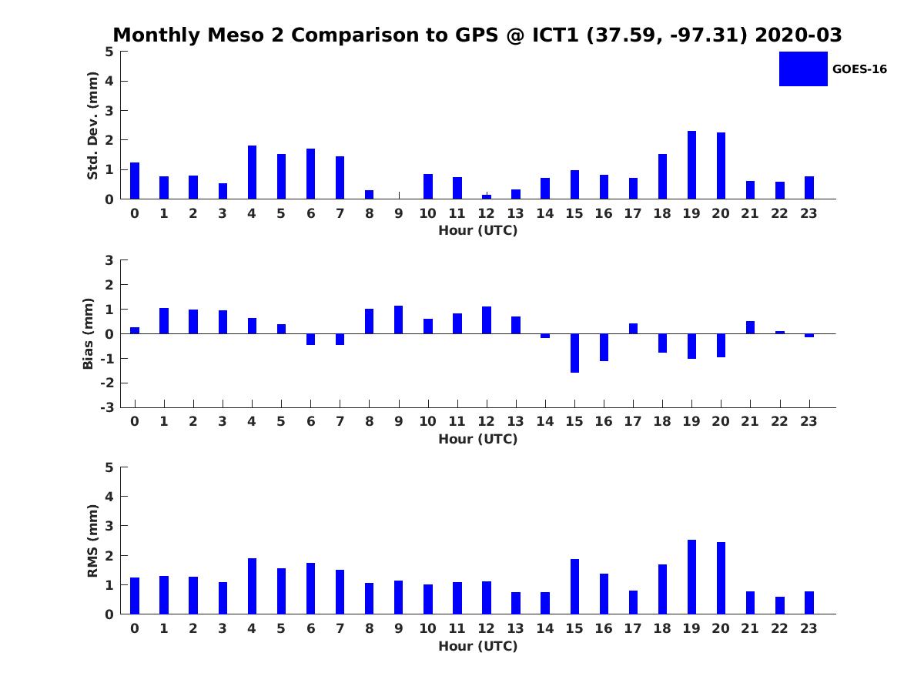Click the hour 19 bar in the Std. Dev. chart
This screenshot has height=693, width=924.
point(691,165)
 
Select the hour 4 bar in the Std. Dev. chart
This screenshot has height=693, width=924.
point(252,172)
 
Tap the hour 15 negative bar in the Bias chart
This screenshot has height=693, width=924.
point(574,353)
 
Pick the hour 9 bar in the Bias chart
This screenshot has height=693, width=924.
point(399,320)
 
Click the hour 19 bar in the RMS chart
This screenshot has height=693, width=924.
point(691,577)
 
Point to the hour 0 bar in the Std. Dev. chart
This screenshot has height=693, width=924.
point(135,181)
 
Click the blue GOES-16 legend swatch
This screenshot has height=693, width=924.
point(803,69)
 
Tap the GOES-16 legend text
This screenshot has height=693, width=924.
point(859,69)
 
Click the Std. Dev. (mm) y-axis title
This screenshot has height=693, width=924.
point(92,126)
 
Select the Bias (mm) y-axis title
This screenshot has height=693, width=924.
point(89,333)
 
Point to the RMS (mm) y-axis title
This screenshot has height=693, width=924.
point(92,541)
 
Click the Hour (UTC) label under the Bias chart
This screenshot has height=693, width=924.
point(477,439)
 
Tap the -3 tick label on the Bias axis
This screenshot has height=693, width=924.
point(109,407)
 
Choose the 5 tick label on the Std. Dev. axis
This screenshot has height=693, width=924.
point(110,52)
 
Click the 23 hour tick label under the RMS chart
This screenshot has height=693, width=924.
point(809,628)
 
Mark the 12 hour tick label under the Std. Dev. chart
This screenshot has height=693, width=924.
point(487,213)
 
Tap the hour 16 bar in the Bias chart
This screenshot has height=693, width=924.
point(604,347)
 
